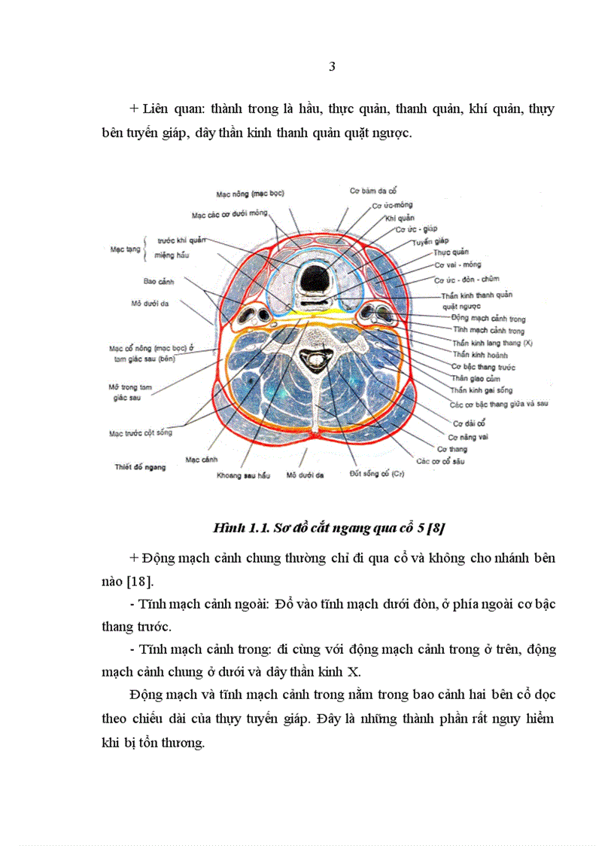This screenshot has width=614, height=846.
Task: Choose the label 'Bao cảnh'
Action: (x=160, y=281)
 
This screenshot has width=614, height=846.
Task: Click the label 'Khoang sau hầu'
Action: (x=242, y=475)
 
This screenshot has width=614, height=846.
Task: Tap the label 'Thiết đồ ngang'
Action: (x=140, y=466)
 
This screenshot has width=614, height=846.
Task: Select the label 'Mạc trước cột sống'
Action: (x=140, y=432)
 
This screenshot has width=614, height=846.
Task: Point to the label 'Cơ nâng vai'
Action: (x=468, y=436)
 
